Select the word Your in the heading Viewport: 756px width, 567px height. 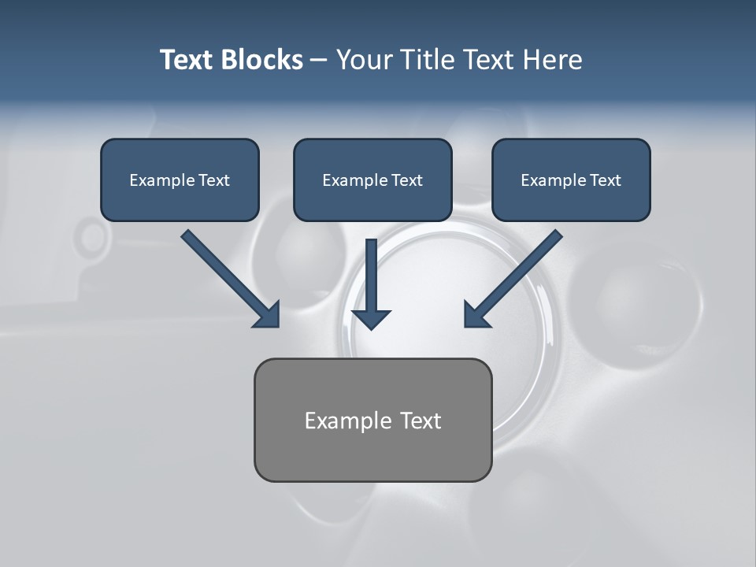[365, 60]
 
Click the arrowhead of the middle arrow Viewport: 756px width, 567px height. [372, 319]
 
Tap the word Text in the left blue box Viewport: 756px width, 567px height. [214, 180]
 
